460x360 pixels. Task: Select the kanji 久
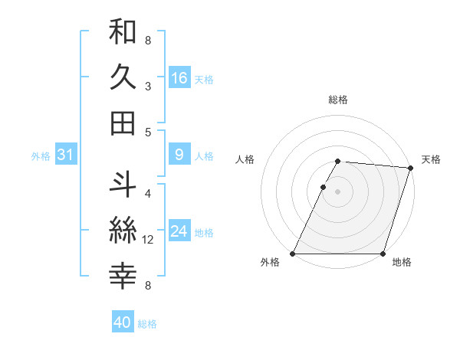(123, 78)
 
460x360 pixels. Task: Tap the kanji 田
(123, 123)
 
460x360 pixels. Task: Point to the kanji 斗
(123, 185)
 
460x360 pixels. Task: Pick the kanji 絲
(123, 230)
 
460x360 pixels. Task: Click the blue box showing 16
(179, 78)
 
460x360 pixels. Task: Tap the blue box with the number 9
(179, 155)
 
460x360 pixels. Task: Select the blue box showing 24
(179, 232)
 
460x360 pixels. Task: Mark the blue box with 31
(65, 155)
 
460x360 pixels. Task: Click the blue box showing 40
(123, 323)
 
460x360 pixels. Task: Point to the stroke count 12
(148, 240)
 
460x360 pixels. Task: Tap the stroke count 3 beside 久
(147, 87)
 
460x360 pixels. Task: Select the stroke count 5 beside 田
(147, 132)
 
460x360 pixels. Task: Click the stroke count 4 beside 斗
(147, 193)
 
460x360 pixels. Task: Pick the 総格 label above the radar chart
(338, 100)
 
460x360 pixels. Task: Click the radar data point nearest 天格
(412, 168)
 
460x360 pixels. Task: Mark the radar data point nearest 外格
(293, 254)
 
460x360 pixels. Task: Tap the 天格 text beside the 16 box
(203, 80)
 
